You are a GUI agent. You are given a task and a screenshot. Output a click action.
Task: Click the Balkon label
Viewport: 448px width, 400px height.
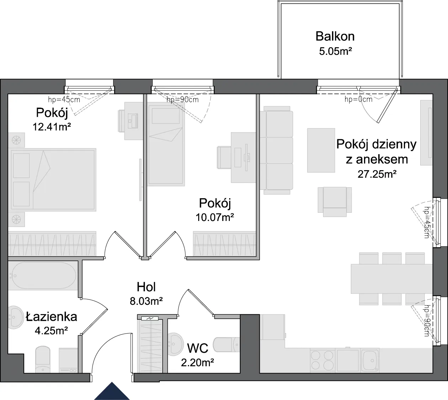[x=335, y=37]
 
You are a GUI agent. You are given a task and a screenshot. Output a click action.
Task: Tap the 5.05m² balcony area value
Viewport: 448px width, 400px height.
[x=336, y=52]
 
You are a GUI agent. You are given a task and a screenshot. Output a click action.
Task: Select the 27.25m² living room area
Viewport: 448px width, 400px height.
[x=377, y=174]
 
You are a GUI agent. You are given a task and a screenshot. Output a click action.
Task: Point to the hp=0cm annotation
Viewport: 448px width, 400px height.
[x=358, y=99]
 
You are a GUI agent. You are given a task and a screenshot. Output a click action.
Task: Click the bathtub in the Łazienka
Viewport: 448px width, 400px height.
[x=43, y=276]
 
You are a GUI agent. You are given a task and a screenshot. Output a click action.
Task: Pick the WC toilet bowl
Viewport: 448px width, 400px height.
[x=226, y=344]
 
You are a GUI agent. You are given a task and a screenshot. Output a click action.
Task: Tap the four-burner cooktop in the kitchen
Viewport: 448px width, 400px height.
[x=322, y=360]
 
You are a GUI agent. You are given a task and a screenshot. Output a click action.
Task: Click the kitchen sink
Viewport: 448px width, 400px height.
[x=370, y=360]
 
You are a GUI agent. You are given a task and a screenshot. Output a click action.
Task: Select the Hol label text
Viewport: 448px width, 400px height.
[x=146, y=287]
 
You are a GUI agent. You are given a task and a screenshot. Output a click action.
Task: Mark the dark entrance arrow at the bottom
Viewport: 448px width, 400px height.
[x=112, y=391]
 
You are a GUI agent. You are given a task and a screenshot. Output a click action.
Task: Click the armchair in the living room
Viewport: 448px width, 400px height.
[x=335, y=202]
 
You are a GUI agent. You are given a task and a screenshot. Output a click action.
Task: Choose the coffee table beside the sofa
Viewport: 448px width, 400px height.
[x=321, y=150]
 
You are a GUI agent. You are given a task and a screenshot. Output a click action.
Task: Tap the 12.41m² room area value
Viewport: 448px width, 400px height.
[x=52, y=127]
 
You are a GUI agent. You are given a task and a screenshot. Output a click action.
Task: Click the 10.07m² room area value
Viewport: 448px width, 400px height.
[x=215, y=217]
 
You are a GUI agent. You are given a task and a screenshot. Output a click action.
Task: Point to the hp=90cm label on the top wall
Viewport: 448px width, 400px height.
[x=183, y=100]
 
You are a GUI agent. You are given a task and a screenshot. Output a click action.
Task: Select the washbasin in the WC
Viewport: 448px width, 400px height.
[x=175, y=344]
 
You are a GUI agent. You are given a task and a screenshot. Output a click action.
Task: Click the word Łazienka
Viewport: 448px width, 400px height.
[x=52, y=317]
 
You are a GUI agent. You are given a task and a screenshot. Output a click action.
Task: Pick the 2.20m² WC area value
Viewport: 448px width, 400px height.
[x=197, y=362]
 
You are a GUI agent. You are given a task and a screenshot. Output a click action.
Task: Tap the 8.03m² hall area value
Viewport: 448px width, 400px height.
[x=146, y=301]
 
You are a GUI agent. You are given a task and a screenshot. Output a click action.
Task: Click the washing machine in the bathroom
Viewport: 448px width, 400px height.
[x=68, y=360]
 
